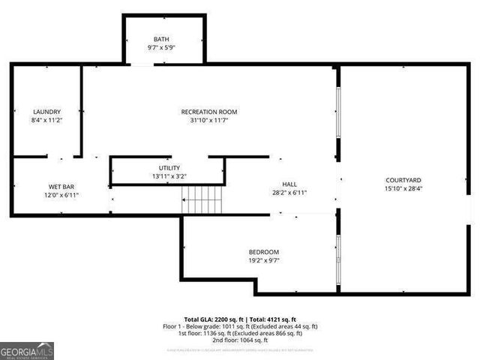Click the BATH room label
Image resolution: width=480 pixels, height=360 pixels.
click(x=162, y=39)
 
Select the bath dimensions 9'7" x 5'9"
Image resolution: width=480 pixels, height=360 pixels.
click(x=162, y=48)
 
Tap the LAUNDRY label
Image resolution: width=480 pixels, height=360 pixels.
click(x=46, y=112)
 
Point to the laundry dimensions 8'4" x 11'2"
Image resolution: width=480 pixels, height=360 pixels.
click(x=46, y=120)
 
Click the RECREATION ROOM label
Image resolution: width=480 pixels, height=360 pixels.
click(x=209, y=112)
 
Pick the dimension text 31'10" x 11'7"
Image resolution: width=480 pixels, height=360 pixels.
click(x=209, y=120)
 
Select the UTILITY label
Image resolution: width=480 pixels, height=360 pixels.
click(x=169, y=168)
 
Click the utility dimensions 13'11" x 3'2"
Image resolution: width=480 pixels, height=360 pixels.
click(x=169, y=176)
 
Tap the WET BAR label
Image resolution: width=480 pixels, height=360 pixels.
click(x=61, y=186)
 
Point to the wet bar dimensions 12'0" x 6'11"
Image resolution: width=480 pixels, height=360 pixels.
click(x=61, y=195)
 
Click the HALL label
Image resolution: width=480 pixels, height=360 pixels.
click(x=289, y=184)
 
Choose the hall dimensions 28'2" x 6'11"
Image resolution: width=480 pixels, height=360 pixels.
click(x=289, y=193)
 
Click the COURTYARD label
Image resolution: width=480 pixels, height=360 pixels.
click(x=403, y=180)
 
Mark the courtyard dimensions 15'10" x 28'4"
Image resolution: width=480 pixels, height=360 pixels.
click(x=403, y=189)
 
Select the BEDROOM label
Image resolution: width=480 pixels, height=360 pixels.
click(x=264, y=252)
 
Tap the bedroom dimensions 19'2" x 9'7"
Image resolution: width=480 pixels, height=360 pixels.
click(x=264, y=261)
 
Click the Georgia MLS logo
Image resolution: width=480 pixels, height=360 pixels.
click(x=27, y=350)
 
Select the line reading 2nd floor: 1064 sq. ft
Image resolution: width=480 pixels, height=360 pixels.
click(x=240, y=340)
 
